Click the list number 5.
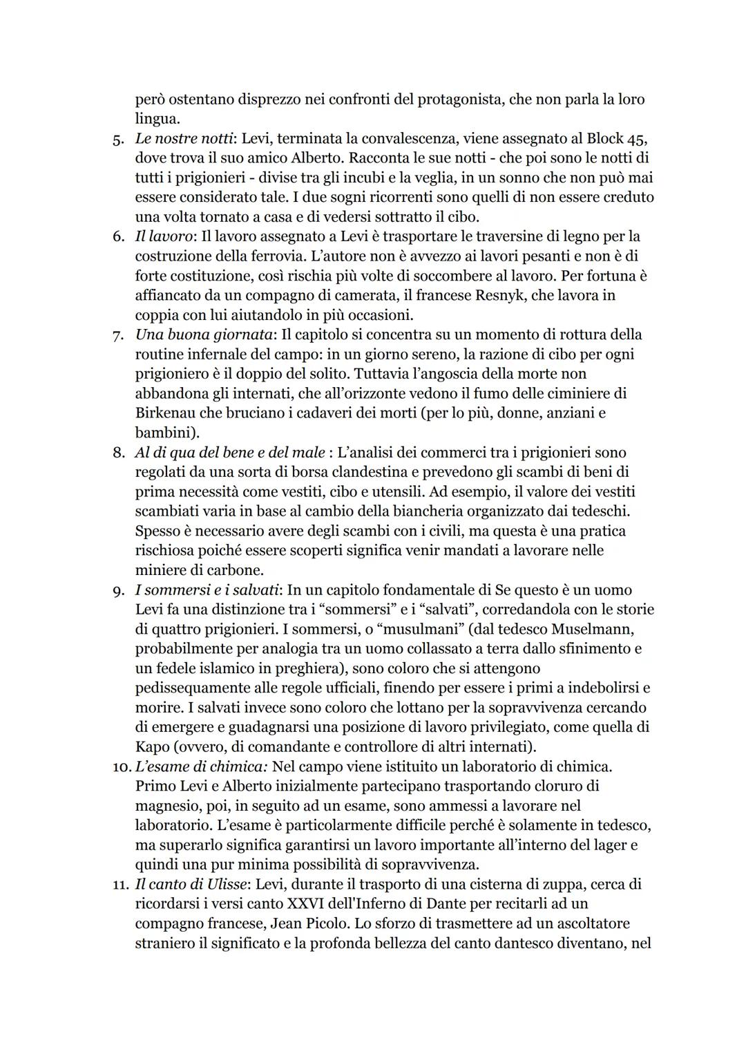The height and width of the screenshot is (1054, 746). [x=117, y=139]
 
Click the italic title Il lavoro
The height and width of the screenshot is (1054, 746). [x=162, y=236]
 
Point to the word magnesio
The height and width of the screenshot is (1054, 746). [x=166, y=806]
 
